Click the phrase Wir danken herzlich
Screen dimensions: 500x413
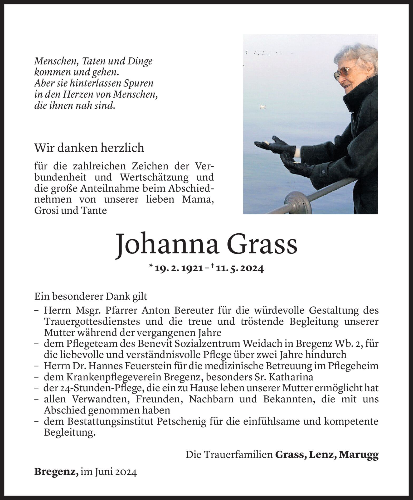(89, 148)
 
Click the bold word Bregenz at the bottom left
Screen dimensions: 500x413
(56, 472)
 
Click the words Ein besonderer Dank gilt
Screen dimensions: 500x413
(91, 296)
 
